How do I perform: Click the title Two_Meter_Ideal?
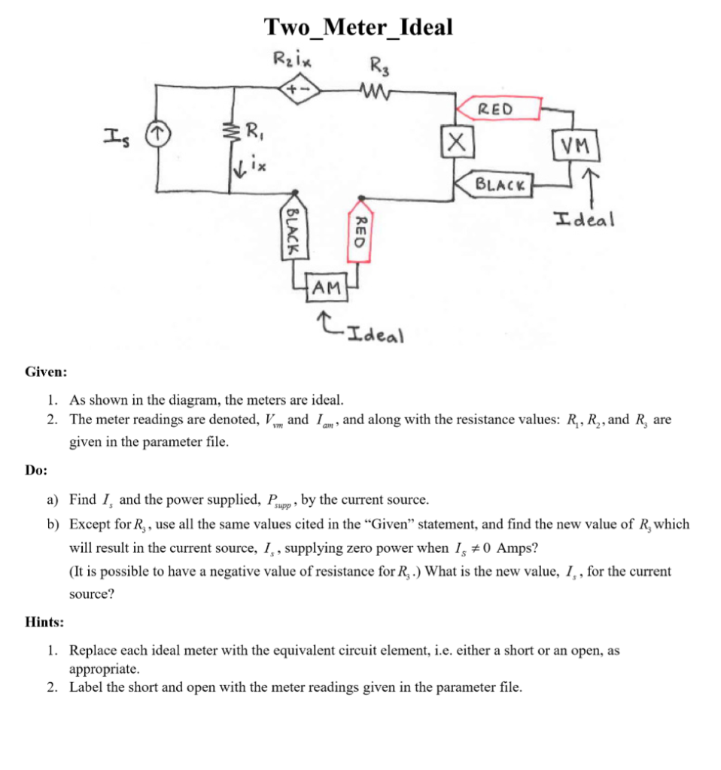[x=358, y=27]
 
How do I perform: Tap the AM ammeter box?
[x=326, y=287]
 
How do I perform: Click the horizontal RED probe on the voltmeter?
[x=497, y=108]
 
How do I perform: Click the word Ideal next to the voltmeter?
[x=584, y=220]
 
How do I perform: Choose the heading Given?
[x=46, y=371]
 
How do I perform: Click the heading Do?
[x=36, y=470]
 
